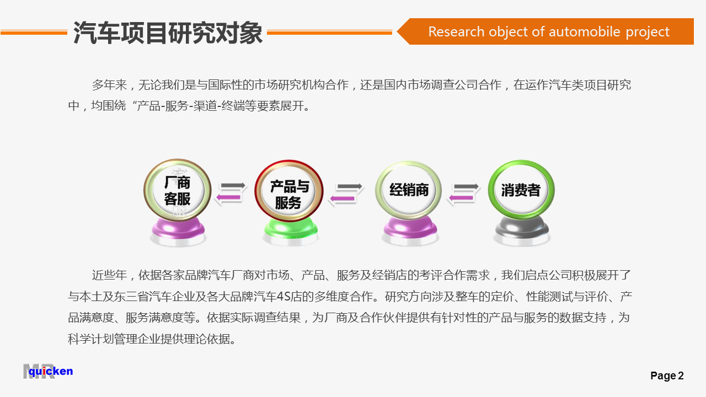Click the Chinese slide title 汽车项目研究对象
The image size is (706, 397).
click(x=168, y=33)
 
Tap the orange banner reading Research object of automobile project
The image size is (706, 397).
click(x=545, y=31)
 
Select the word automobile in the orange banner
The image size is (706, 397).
click(x=584, y=32)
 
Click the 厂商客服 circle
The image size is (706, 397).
click(x=178, y=190)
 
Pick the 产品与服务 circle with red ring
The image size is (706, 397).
click(x=288, y=191)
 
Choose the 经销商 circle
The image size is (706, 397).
click(x=409, y=190)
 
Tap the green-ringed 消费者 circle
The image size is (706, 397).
click(x=521, y=190)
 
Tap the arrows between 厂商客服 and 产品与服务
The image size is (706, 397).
click(x=231, y=192)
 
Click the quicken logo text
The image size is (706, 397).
click(x=51, y=372)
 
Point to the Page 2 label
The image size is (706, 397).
click(x=667, y=375)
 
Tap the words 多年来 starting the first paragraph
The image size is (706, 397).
click(x=109, y=85)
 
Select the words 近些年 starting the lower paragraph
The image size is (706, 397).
click(x=109, y=275)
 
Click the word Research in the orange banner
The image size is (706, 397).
click(x=456, y=32)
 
